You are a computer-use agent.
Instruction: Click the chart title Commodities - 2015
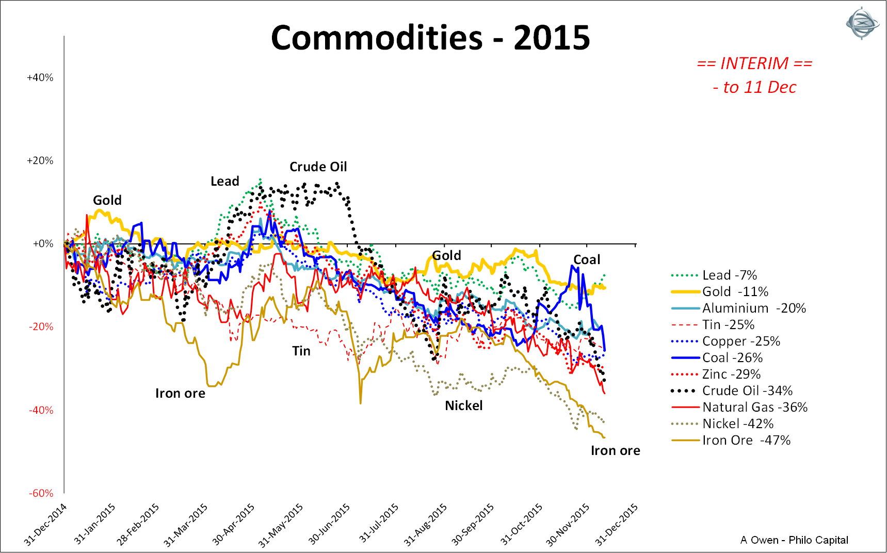pos(430,38)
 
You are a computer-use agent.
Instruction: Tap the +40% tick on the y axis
pos(40,78)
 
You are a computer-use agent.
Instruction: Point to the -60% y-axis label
pos(41,493)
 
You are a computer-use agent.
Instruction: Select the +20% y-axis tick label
pos(40,161)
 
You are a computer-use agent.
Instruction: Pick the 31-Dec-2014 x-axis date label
pos(46,524)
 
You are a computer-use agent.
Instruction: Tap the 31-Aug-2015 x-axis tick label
pos(426,524)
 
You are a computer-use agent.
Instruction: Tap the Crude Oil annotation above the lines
pos(318,167)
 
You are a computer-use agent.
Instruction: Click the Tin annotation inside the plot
pos(301,351)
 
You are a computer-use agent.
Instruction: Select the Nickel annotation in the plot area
pos(464,406)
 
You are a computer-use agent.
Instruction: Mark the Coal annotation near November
pos(587,260)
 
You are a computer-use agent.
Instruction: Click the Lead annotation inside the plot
pos(225,182)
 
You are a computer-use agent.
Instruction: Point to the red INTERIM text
pos(754,64)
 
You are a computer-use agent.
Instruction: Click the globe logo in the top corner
pos(862,23)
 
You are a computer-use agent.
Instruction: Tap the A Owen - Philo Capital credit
pos(794,540)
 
